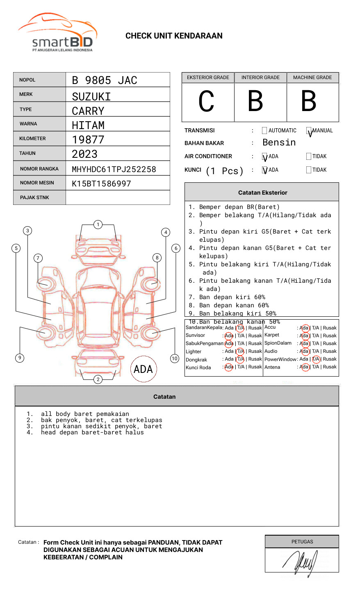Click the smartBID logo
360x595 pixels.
click(57, 33)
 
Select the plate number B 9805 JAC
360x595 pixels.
click(104, 80)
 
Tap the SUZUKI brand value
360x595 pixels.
click(91, 97)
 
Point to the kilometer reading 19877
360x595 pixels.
click(88, 140)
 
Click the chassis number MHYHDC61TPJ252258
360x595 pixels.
click(114, 169)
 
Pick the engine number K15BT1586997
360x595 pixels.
click(101, 184)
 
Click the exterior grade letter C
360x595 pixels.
click(206, 101)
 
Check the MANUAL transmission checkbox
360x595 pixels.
click(309, 131)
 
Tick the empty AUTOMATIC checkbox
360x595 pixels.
click(264, 131)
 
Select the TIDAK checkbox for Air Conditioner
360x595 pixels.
click(309, 157)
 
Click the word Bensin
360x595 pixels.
click(279, 143)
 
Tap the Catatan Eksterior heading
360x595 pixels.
click(262, 193)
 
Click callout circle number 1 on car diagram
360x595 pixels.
click(98, 225)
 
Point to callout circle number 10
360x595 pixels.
click(175, 359)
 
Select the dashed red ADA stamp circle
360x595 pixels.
click(143, 369)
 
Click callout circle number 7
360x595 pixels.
click(38, 258)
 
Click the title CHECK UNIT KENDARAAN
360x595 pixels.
click(174, 36)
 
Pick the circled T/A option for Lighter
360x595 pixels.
click(240, 351)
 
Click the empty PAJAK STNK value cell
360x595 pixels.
click(118, 198)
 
